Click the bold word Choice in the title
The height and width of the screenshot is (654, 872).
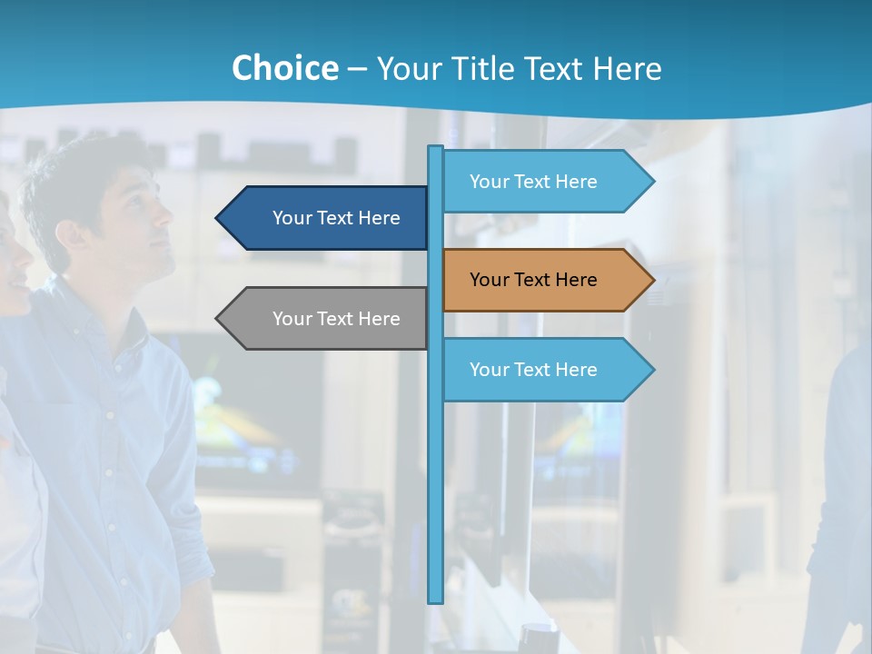tap(284, 68)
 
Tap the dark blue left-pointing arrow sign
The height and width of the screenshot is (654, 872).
tap(327, 218)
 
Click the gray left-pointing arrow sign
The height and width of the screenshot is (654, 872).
tap(327, 319)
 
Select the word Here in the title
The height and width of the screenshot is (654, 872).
tap(627, 68)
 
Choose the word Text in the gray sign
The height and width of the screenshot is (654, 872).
tap(336, 319)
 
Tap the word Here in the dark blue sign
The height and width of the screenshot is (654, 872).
tap(379, 218)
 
